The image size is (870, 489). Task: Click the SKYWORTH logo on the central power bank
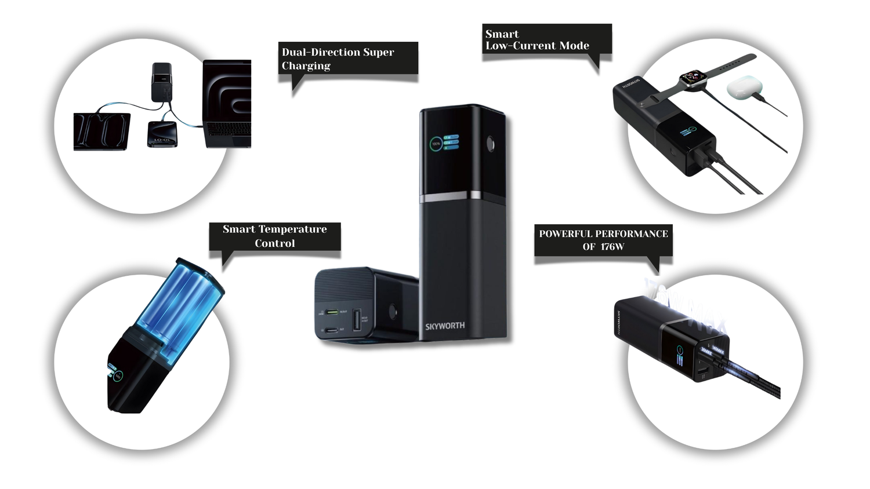445,326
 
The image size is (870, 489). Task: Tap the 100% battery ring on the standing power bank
436,144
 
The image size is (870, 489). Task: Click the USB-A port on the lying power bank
356,323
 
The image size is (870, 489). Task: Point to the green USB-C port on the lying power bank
332,312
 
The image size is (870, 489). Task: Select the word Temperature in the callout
292,229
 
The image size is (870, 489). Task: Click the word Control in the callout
275,243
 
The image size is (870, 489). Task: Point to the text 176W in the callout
612,247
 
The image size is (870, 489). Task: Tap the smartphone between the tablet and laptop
162,134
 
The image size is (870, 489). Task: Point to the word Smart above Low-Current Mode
502,34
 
